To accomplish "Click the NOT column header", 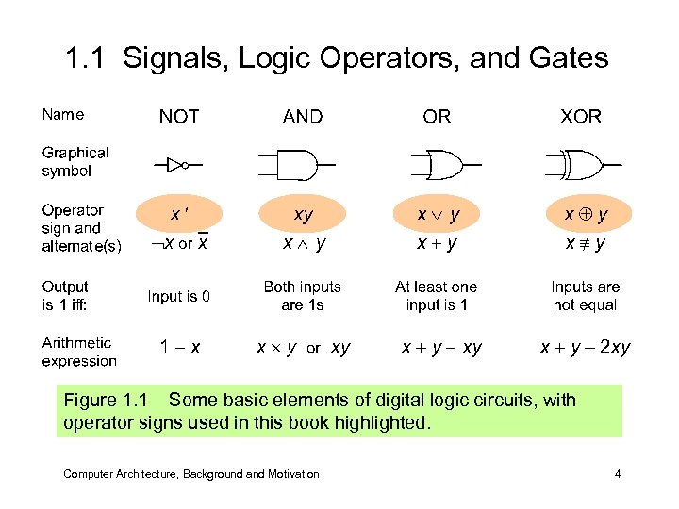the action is coord(178,117).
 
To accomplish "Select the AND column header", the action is coord(302,117).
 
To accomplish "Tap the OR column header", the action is coord(437,117).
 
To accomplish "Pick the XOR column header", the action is coord(581,117).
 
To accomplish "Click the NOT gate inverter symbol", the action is coord(178,165).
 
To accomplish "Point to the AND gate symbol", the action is coord(294,165).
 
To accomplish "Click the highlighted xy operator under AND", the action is coord(303,215).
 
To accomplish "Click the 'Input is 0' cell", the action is coord(178,296).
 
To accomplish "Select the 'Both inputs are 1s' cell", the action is coord(302,296).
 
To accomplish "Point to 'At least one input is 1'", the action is coord(436,296).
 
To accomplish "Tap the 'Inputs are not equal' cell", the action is coord(585,296).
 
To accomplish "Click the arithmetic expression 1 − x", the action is coord(178,348).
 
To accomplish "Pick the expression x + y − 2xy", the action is coord(585,348).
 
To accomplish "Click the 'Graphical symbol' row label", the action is coord(75,162).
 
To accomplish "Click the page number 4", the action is coord(617,474).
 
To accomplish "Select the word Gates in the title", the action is coord(569,59).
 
